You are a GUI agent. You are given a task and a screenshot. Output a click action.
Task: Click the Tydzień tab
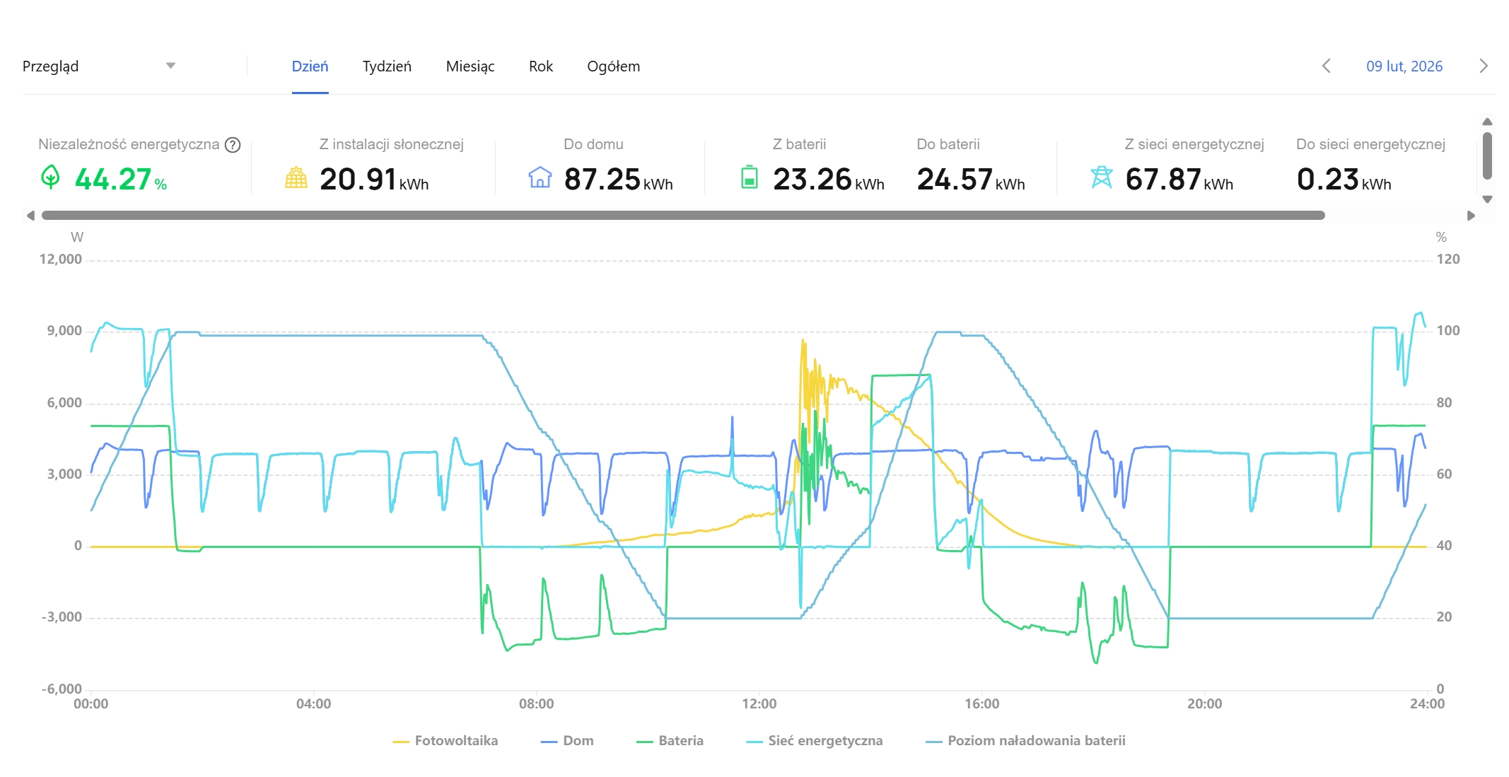click(387, 66)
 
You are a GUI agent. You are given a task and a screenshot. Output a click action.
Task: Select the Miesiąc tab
click(470, 66)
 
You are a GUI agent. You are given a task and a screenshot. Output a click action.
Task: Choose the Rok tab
click(541, 66)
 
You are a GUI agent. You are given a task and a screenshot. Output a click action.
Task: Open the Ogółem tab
click(614, 66)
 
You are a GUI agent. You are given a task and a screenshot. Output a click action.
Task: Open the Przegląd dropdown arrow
click(170, 66)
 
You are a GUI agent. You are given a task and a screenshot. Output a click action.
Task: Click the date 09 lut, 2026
click(1404, 66)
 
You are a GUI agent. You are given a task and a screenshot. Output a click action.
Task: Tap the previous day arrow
click(1327, 66)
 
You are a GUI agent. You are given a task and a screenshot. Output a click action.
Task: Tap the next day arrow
click(1484, 66)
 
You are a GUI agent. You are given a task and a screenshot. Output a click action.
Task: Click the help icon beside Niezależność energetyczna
click(233, 145)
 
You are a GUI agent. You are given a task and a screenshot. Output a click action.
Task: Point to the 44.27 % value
click(121, 180)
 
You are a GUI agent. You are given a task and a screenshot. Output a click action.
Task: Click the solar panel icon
click(296, 177)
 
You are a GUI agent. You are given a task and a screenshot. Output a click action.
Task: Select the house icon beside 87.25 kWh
click(540, 177)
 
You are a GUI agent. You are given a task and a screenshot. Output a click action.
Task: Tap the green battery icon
click(750, 177)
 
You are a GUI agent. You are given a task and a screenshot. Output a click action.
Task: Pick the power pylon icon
click(1102, 177)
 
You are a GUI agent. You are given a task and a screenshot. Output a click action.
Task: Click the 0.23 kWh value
click(1344, 180)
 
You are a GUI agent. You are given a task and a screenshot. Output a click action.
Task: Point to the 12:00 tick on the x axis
click(759, 704)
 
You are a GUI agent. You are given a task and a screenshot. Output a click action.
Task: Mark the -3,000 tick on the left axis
click(62, 617)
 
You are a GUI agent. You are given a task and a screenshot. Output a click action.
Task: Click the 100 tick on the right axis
click(1448, 331)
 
